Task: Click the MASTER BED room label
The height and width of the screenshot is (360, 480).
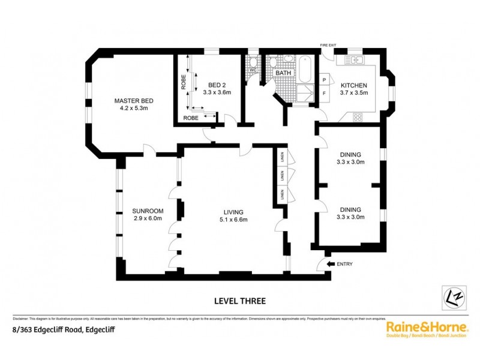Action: coord(131,100)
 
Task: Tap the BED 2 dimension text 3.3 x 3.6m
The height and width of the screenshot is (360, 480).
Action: coord(215,93)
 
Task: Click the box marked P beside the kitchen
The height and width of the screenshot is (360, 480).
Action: coord(325,80)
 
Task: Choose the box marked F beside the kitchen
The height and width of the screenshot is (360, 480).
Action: coord(325,94)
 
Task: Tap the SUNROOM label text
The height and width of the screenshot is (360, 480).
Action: coord(145,211)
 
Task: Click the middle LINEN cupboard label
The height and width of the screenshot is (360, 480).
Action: coord(281,175)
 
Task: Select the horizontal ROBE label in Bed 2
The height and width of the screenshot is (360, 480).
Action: coord(191,118)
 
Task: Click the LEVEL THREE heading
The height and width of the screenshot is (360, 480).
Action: coord(239,301)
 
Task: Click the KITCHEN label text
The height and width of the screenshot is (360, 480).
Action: coord(354,85)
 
